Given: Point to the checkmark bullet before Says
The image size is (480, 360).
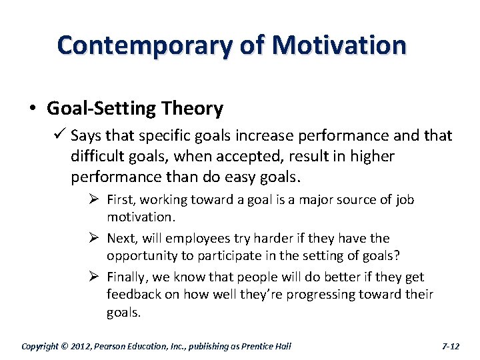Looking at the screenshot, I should point(59,136).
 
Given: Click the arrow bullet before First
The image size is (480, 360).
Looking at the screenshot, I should point(94,200).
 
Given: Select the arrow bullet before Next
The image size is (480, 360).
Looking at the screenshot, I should point(94,238).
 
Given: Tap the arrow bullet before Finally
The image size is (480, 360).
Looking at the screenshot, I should point(94,277).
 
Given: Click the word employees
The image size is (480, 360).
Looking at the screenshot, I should point(196,239).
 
